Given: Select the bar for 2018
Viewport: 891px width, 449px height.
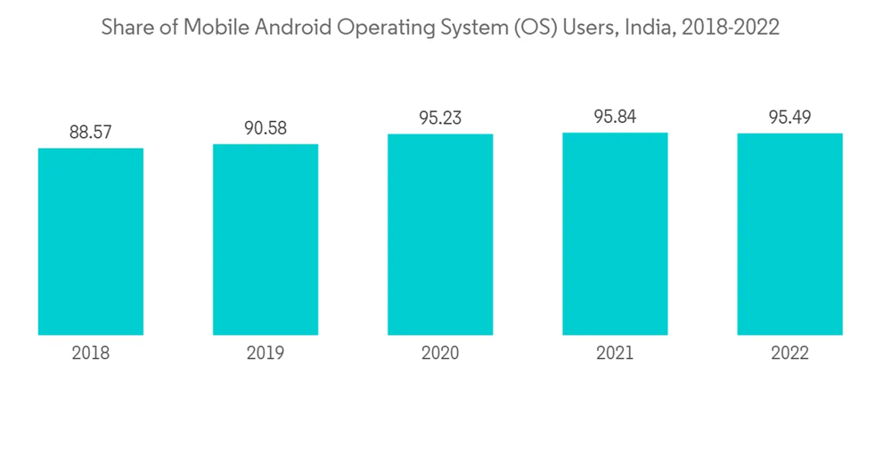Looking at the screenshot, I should pos(91,241).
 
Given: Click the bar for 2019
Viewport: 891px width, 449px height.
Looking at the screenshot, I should pos(266,240).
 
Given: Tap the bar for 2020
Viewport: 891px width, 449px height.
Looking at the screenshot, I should pos(440,234).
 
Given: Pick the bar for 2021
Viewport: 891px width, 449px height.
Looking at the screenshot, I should pos(615,233).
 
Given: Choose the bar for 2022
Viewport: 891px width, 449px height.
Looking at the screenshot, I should pos(789,234).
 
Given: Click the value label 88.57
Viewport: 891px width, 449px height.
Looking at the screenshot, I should pos(91,132).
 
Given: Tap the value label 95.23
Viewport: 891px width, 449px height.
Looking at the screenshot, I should pos(440,118).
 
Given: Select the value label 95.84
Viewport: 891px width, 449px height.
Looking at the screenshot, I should pos(615,117).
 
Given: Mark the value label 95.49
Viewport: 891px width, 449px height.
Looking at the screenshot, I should pos(789,118).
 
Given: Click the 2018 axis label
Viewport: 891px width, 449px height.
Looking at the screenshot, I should pos(91,354).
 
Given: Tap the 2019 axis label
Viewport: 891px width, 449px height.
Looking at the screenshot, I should pos(266,354).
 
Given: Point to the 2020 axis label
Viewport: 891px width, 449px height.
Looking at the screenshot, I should pos(440,354).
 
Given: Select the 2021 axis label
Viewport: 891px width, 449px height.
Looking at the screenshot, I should pos(615,354).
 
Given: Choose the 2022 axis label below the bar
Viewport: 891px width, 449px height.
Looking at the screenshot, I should pos(789,354).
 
